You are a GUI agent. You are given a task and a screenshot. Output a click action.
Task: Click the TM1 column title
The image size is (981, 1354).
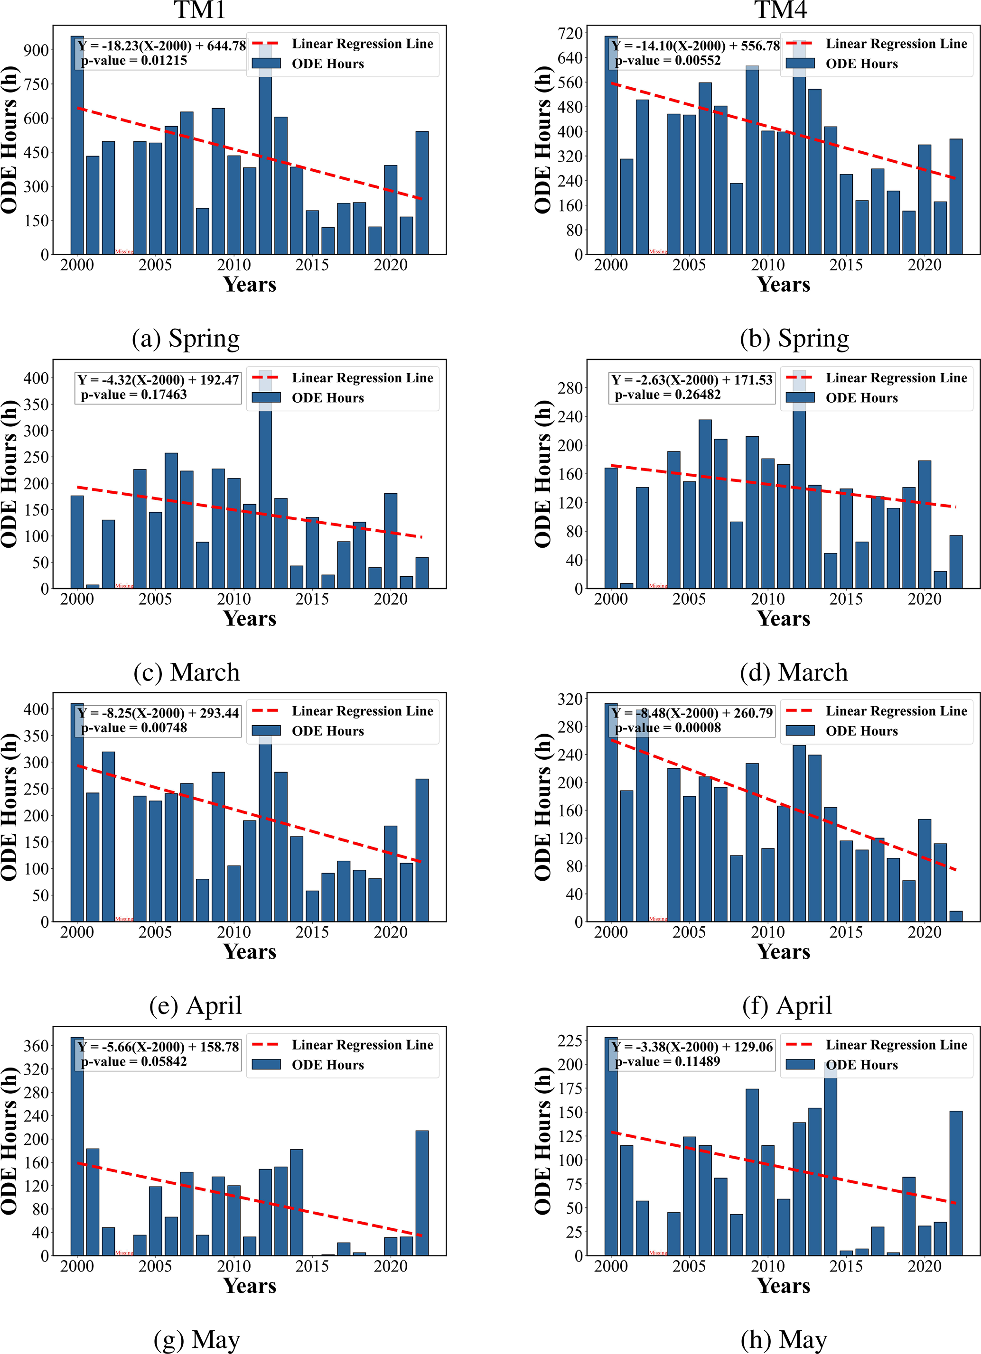tap(199, 10)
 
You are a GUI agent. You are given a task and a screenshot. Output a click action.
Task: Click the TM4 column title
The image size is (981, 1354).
tap(780, 10)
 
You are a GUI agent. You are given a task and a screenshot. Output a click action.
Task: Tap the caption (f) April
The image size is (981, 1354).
tap(787, 1005)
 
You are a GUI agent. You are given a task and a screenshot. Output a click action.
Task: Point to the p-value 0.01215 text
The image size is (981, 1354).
tap(134, 61)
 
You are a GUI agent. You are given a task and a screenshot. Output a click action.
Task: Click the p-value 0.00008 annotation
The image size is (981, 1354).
tap(668, 728)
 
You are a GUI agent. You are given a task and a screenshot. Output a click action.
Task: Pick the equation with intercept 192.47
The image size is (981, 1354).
tap(159, 380)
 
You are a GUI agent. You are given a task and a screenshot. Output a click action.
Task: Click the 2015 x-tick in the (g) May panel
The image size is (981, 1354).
tap(312, 1266)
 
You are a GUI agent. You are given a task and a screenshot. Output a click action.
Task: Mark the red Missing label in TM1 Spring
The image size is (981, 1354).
tap(124, 251)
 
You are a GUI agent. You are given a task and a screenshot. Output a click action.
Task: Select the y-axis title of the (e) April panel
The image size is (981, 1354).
tap(9, 807)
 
